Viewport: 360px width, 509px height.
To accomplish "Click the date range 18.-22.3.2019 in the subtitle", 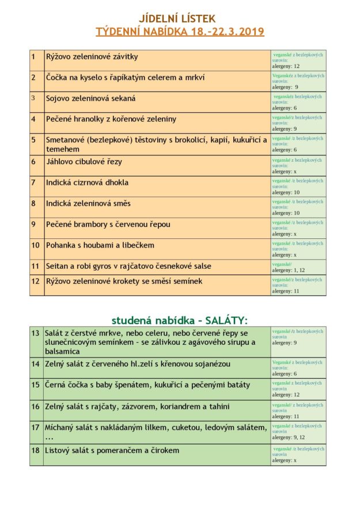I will [x=226, y=31].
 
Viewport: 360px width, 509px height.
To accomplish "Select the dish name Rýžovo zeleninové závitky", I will [x=92, y=56].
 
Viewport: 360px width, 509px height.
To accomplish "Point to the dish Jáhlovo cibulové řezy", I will [x=84, y=161].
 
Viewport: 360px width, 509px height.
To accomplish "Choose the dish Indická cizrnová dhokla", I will [x=87, y=183].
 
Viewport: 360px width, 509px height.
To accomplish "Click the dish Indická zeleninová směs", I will [x=88, y=203].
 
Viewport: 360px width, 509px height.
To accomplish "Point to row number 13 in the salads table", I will [x=35, y=333].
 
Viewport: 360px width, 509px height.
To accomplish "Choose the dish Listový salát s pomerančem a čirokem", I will [x=112, y=450].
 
